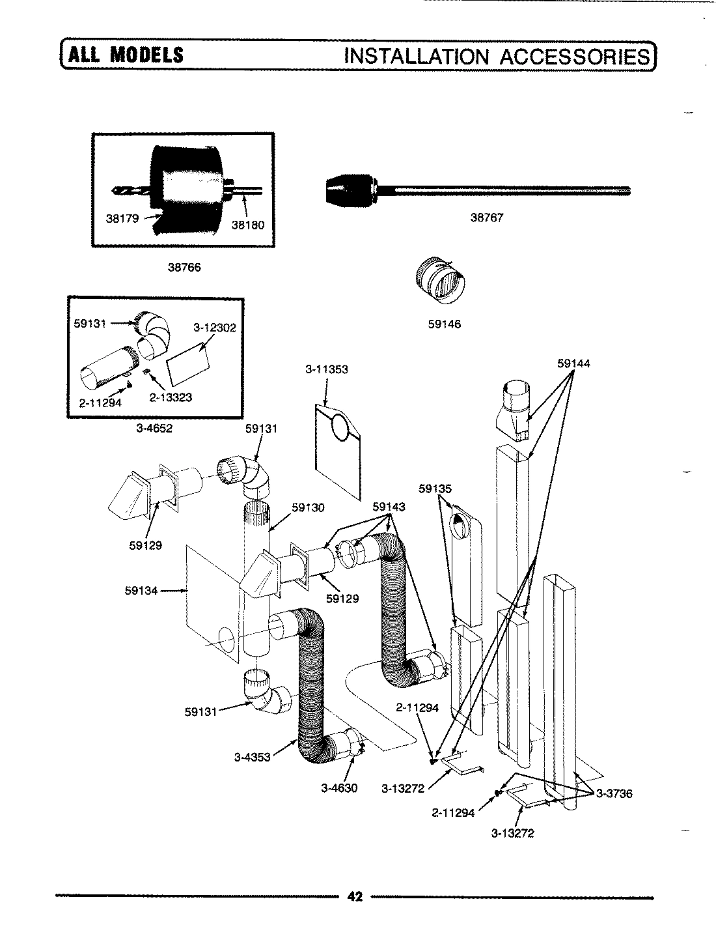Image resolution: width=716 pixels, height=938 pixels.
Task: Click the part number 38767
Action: click(x=486, y=218)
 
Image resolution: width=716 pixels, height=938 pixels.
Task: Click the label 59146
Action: click(x=444, y=324)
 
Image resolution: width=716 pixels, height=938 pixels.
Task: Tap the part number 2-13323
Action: click(x=171, y=397)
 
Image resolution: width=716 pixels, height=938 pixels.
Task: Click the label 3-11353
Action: click(x=327, y=369)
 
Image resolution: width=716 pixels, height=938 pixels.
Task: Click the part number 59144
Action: click(x=573, y=363)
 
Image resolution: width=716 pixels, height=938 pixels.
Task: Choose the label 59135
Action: click(x=435, y=488)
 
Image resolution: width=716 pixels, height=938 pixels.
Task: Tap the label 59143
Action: click(x=389, y=506)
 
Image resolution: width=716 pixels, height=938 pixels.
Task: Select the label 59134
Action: click(x=141, y=591)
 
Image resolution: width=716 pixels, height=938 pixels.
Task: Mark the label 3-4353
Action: click(x=252, y=757)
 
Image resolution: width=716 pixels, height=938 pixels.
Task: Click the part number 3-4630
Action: click(x=339, y=788)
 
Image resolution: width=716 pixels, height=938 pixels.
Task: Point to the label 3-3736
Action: click(x=613, y=793)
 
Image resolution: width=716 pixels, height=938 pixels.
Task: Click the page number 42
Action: click(x=354, y=897)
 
